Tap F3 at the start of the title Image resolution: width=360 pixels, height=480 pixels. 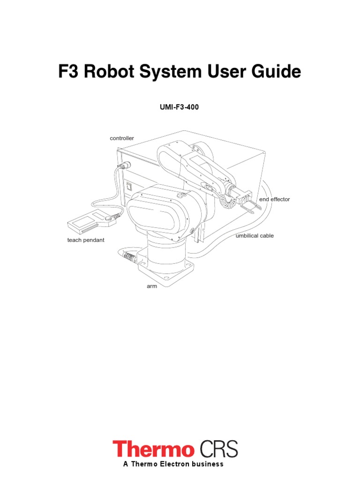(68, 72)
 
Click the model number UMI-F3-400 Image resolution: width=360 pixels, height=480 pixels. (180, 107)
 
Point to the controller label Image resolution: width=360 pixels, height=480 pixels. (122, 138)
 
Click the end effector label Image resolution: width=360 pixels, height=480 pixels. (275, 199)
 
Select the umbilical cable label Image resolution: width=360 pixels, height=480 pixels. (255, 236)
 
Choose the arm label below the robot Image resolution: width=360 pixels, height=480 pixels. (151, 286)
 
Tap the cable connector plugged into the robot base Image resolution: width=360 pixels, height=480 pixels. (129, 256)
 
